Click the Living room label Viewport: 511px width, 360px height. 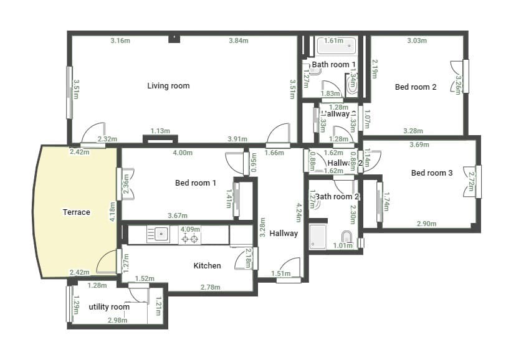pos(168,85)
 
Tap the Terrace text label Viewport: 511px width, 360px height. pos(76,212)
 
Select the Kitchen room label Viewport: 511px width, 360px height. pos(207,266)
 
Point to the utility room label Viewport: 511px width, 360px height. pos(109,307)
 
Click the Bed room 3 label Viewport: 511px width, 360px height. pos(432,173)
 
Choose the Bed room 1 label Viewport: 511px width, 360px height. pos(196,183)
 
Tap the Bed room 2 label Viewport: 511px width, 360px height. pos(416,87)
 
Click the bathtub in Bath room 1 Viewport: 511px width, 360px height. pos(337,47)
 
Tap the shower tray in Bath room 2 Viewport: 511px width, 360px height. pos(318,237)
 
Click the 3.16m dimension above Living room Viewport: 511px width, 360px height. pos(120,41)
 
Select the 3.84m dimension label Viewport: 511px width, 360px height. pos(238,41)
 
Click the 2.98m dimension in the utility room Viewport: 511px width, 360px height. pos(118,321)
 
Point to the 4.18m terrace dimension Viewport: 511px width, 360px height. pos(113,211)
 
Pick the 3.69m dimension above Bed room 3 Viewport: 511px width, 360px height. pos(419,144)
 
